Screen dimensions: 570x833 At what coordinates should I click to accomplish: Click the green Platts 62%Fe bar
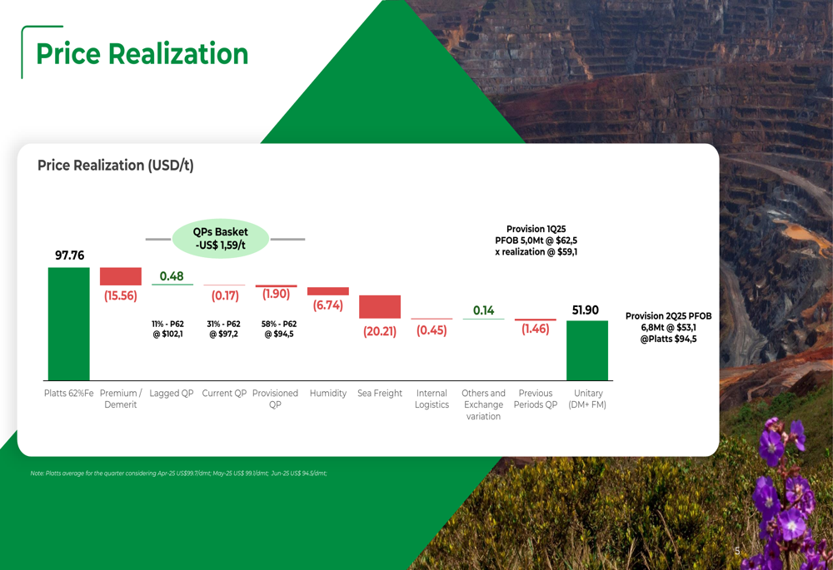point(68,324)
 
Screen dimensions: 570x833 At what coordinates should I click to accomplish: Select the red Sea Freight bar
point(380,306)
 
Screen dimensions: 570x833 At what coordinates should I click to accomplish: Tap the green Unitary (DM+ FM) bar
point(587,350)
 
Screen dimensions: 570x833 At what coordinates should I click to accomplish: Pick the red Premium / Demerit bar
point(121,276)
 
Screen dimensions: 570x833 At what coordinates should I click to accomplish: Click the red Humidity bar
point(328,291)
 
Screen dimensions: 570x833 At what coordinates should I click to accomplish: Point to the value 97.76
point(70,255)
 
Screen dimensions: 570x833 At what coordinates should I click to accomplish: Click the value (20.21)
point(380,331)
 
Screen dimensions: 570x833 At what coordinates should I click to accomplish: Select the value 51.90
point(586,310)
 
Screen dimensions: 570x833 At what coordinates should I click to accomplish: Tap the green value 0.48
point(172,276)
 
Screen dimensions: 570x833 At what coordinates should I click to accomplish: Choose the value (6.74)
point(328,305)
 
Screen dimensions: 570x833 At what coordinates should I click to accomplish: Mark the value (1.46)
point(535,330)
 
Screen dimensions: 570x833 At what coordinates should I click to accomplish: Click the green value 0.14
point(483,310)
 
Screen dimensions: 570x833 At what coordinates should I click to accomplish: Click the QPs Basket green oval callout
point(220,239)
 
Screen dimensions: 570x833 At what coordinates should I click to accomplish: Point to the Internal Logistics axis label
point(431,399)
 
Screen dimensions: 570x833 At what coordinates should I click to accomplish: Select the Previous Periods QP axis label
point(535,399)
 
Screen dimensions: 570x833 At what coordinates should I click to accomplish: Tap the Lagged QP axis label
point(172,394)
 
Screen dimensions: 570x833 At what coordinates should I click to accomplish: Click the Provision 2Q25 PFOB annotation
point(669,328)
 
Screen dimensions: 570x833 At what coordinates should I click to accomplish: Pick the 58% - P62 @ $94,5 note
point(278,329)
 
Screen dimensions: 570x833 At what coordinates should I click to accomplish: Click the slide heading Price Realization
point(142,54)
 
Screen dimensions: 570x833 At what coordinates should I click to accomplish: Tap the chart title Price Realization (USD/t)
point(116,166)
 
